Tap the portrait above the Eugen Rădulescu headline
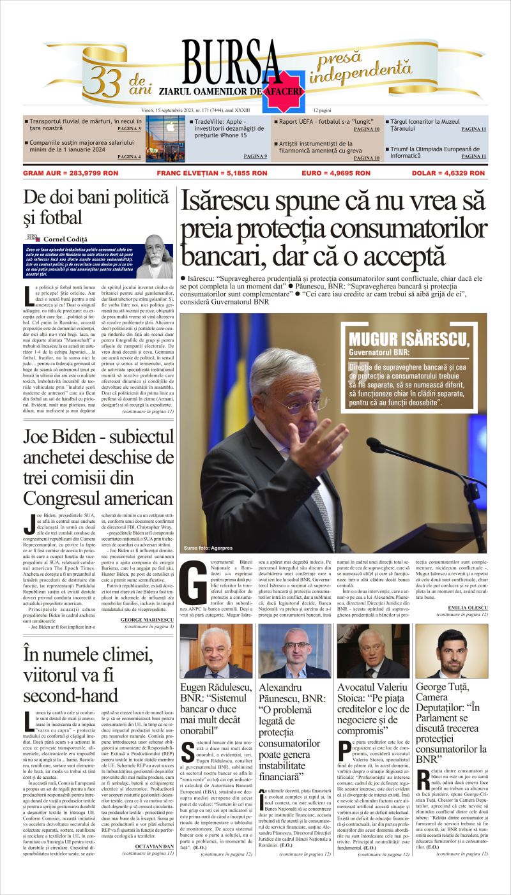coord(216,651)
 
